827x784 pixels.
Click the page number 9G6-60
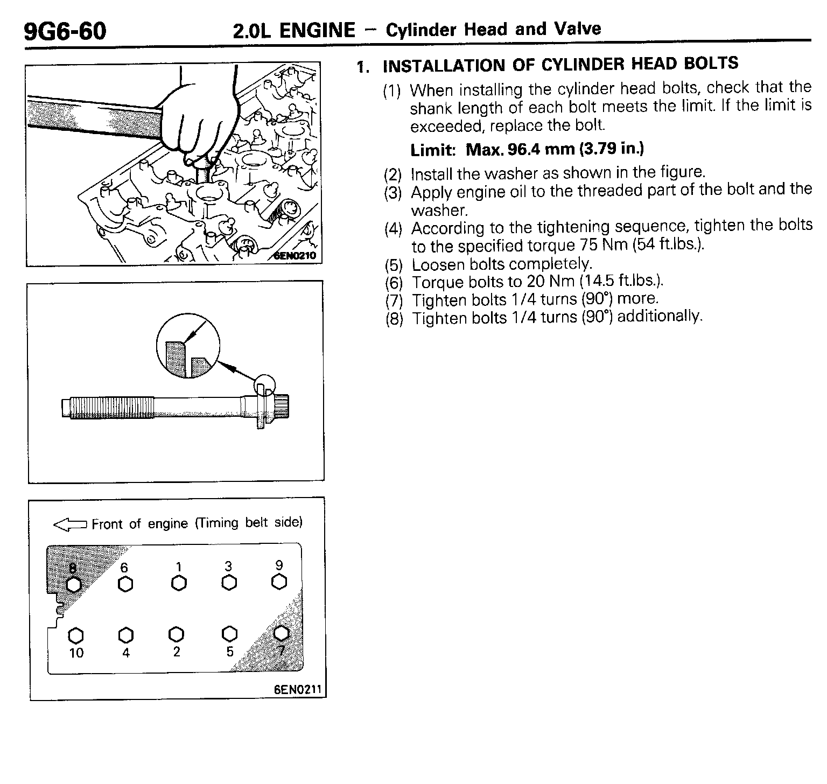(x=65, y=31)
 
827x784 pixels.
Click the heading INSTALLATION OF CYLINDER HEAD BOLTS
(x=560, y=65)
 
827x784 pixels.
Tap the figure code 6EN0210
(x=295, y=256)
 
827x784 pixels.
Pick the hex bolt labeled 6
(x=125, y=584)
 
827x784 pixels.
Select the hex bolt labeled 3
(x=229, y=583)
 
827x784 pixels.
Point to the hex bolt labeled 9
(x=279, y=582)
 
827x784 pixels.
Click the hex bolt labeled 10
(x=76, y=635)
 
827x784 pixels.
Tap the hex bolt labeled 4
(x=125, y=635)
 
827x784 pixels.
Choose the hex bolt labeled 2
(x=177, y=634)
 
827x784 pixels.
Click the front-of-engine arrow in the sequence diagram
(x=70, y=525)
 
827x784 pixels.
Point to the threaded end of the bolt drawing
(x=108, y=407)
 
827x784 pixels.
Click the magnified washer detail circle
(x=188, y=347)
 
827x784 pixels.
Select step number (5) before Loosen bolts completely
(x=394, y=265)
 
